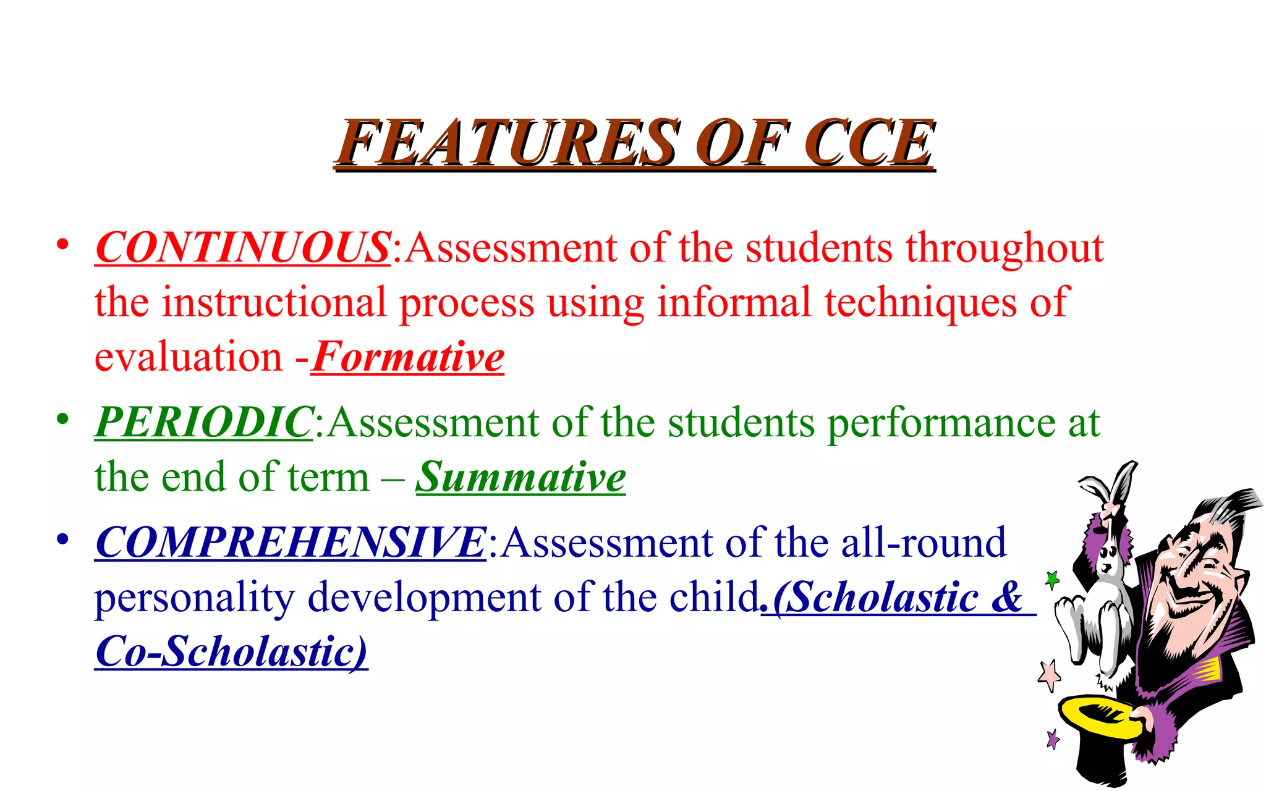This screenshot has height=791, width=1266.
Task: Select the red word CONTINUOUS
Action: (242, 248)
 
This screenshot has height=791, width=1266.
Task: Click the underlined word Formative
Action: (408, 357)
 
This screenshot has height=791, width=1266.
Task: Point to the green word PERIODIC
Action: (203, 423)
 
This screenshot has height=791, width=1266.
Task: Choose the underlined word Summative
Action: (520, 477)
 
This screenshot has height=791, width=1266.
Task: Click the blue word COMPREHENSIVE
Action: (291, 543)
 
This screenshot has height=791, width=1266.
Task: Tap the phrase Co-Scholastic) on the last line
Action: (231, 651)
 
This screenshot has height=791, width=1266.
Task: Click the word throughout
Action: (1005, 248)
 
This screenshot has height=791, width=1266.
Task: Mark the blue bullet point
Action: (62, 539)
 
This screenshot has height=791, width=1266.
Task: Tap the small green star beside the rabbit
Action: (1052, 580)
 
